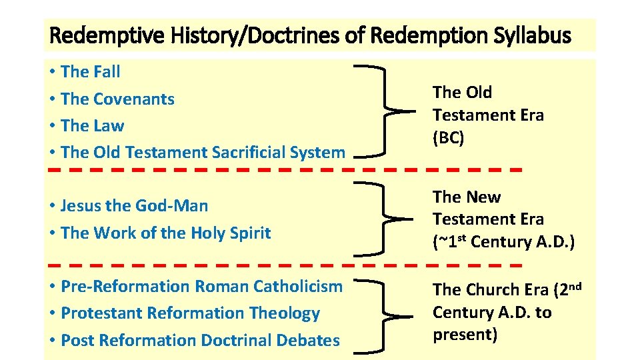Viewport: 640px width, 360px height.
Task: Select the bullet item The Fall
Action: click(x=90, y=71)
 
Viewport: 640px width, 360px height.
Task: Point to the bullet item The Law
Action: click(x=92, y=125)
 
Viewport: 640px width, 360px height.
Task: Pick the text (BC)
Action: click(x=448, y=137)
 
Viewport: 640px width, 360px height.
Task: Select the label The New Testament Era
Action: click(x=488, y=208)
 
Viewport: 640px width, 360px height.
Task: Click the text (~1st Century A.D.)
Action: click(x=503, y=241)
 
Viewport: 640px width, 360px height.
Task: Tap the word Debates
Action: click(x=307, y=340)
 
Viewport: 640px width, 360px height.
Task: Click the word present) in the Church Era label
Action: click(x=465, y=335)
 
